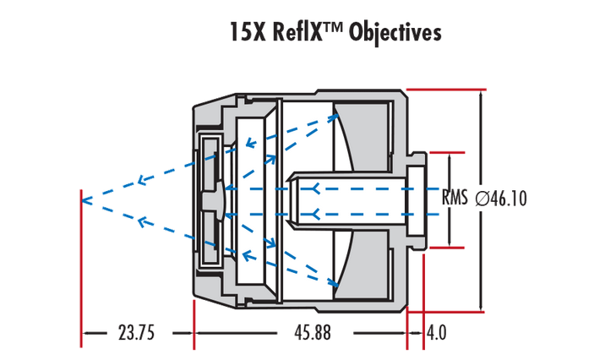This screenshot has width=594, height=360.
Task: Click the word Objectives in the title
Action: point(394,33)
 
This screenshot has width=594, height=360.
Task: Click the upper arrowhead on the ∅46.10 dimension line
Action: point(480,95)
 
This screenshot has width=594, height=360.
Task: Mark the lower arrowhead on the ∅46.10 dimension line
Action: point(480,306)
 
